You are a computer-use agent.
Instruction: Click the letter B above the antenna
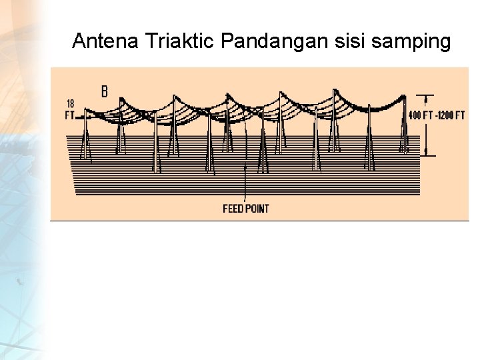105,91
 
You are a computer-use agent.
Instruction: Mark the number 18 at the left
70,103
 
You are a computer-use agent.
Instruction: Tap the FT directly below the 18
70,115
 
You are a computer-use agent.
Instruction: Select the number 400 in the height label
415,115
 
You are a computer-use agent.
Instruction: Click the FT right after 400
428,115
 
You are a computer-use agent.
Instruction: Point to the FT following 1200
460,115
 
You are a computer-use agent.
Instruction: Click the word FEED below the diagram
233,209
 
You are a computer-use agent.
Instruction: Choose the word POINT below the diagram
257,209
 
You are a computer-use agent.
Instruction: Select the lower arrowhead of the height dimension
425,153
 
